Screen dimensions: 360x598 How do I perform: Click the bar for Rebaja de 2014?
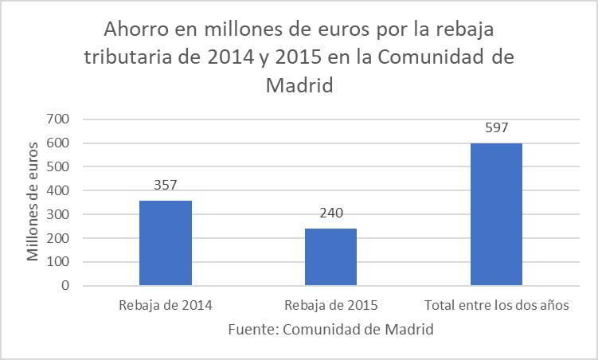(166, 243)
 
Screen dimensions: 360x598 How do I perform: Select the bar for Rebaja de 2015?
(330, 256)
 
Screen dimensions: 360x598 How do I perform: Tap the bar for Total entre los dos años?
(496, 214)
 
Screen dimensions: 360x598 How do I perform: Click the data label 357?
(166, 185)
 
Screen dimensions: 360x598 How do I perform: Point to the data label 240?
(330, 213)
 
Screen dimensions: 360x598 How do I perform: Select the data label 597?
(496, 127)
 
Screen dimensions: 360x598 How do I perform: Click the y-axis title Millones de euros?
(33, 201)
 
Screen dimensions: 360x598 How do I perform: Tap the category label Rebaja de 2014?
(166, 305)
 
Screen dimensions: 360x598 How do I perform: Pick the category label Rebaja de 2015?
(330, 305)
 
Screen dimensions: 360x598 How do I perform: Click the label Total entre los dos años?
(497, 305)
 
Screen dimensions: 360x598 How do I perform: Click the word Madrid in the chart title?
(298, 85)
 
